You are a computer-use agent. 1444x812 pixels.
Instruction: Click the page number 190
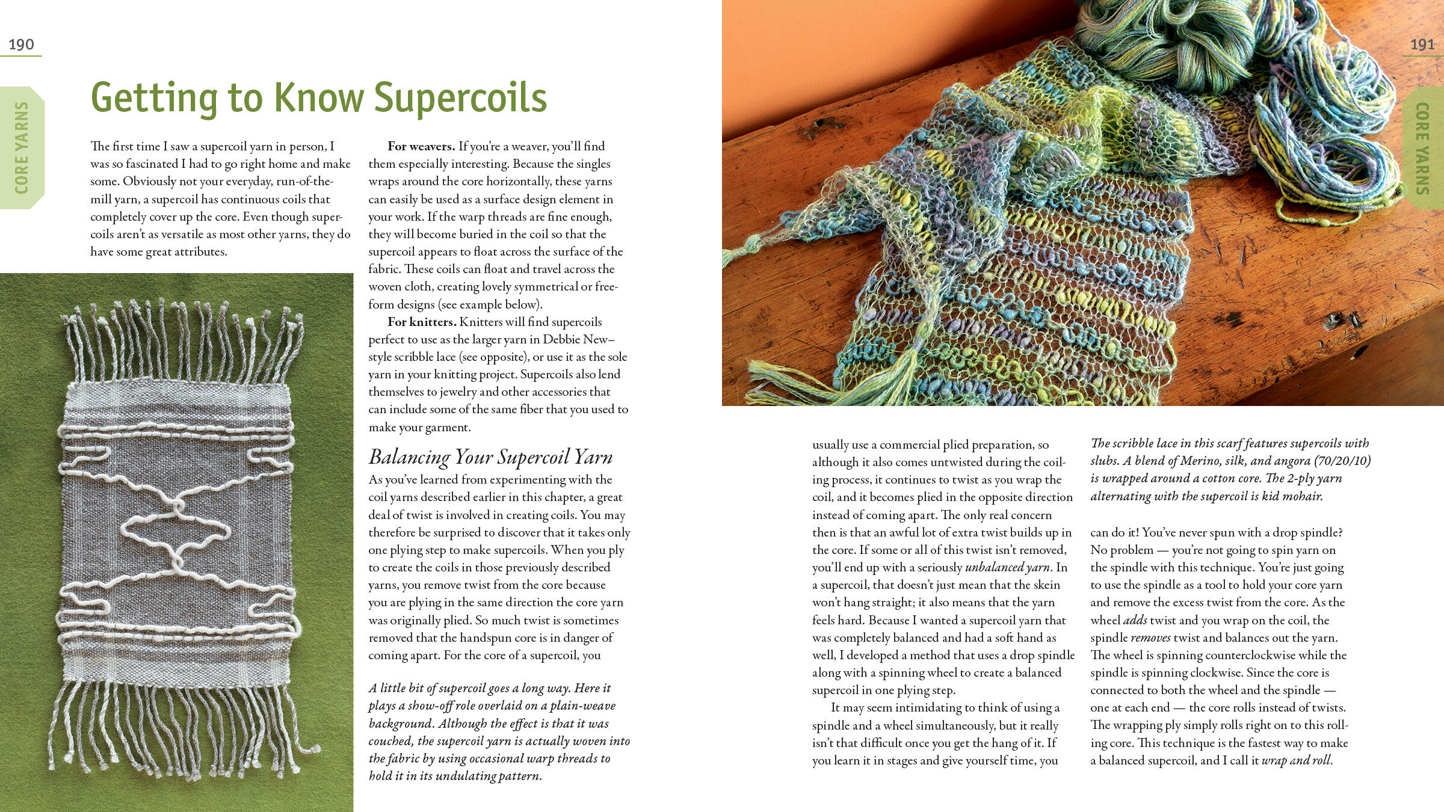pyautogui.click(x=21, y=45)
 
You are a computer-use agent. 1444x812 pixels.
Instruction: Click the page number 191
pyautogui.click(x=1422, y=45)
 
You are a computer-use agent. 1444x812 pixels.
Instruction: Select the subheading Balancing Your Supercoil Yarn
pyautogui.click(x=490, y=457)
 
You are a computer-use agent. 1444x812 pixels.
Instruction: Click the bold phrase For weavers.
pyautogui.click(x=421, y=146)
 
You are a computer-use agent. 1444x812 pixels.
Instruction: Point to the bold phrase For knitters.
pyautogui.click(x=422, y=322)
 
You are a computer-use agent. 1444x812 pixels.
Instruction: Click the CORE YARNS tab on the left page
pyautogui.click(x=22, y=148)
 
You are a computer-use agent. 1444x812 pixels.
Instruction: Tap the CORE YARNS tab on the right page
pyautogui.click(x=1422, y=148)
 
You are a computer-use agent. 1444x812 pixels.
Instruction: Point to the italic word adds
pyautogui.click(x=1135, y=620)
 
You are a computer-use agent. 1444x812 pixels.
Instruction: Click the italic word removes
pyautogui.click(x=1150, y=638)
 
